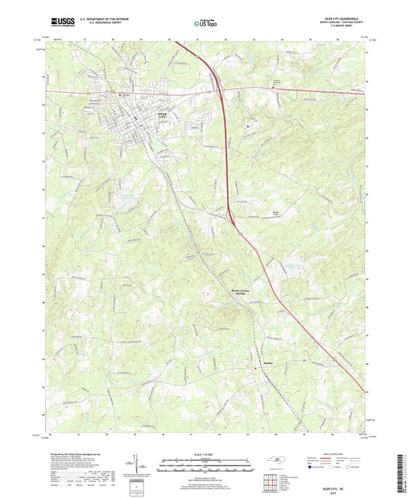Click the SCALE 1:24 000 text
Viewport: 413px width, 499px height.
pyautogui.click(x=206, y=453)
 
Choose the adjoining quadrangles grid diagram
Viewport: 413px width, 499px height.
pyautogui.click(x=271, y=483)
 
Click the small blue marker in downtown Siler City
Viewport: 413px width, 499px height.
pyautogui.click(x=136, y=117)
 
